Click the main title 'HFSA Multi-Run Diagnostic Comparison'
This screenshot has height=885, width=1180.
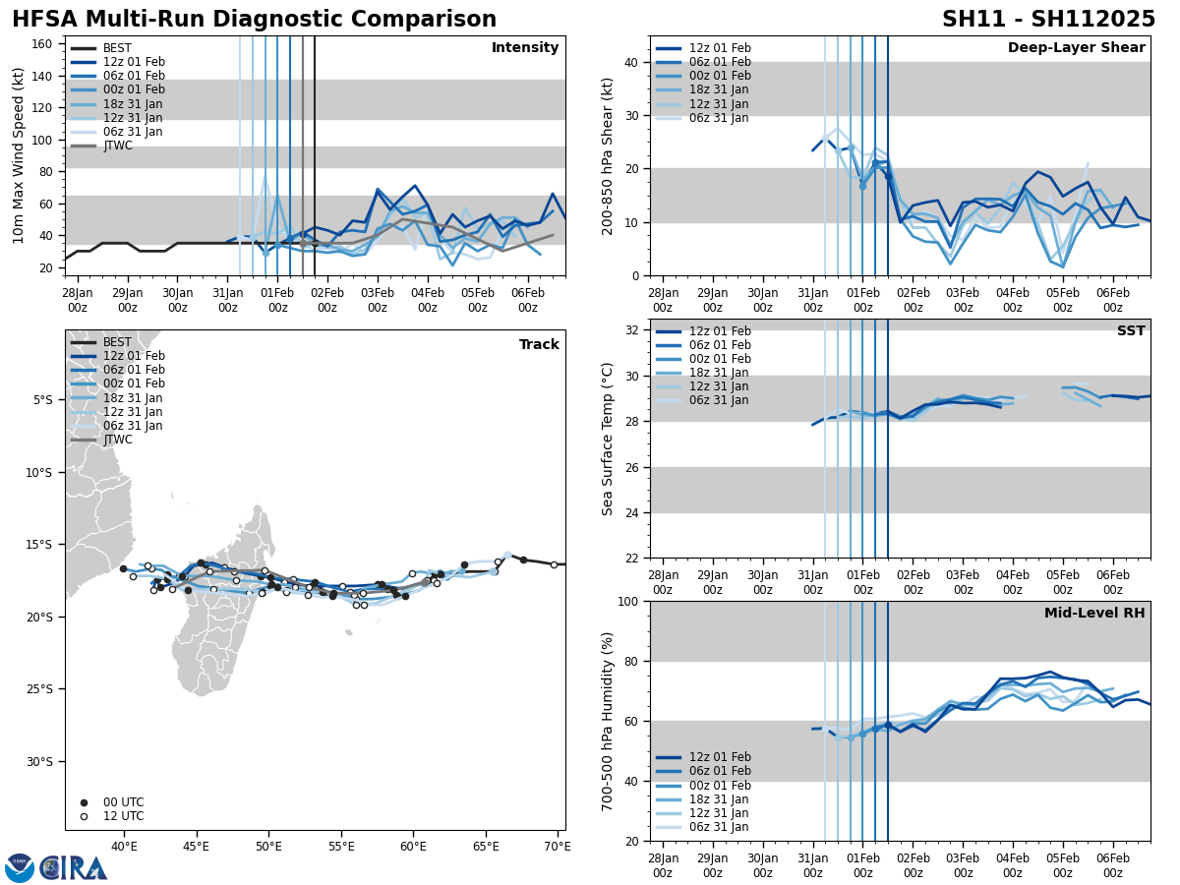point(254,20)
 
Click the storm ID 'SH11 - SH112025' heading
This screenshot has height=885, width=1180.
point(1048,20)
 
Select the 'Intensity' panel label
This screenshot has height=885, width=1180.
point(525,48)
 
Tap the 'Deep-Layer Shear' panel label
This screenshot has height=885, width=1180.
point(1076,48)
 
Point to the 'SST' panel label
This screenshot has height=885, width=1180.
point(1131,331)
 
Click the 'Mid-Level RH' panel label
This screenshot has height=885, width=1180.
point(1094,614)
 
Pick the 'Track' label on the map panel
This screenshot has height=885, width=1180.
point(539,345)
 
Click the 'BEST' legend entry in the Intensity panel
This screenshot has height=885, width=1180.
point(117,48)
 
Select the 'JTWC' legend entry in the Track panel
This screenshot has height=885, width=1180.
point(118,440)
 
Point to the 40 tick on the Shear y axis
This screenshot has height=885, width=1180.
point(630,62)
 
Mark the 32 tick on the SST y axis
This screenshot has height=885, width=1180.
point(630,330)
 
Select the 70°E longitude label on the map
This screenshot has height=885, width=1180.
point(557,847)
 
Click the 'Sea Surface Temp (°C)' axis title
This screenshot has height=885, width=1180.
point(608,439)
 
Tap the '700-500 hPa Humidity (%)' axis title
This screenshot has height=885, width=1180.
point(608,721)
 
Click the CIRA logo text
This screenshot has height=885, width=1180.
point(73,868)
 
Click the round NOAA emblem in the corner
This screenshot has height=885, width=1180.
point(20,868)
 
